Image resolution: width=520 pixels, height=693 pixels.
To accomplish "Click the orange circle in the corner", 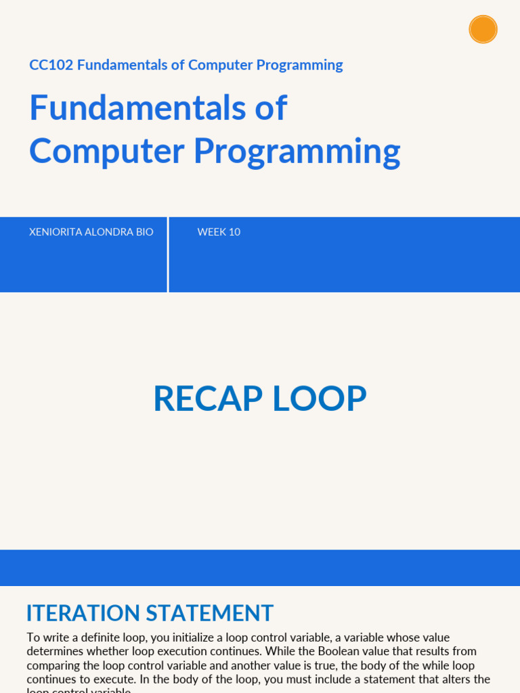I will [x=483, y=30].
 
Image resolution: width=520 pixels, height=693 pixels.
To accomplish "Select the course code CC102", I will [x=51, y=65].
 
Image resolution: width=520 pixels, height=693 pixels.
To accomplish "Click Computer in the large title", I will [x=106, y=151].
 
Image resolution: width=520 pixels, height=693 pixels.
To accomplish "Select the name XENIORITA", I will [x=56, y=232].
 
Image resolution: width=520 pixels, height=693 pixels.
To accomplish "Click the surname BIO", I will [x=145, y=232].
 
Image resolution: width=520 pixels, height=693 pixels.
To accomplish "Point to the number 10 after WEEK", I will [x=234, y=232].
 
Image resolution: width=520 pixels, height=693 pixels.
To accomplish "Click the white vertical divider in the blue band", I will [x=168, y=254].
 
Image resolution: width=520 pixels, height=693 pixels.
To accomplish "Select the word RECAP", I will [x=207, y=399].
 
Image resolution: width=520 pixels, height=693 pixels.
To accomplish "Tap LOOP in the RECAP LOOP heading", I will [x=320, y=399].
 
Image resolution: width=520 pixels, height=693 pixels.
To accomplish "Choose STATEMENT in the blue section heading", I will [x=210, y=613].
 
